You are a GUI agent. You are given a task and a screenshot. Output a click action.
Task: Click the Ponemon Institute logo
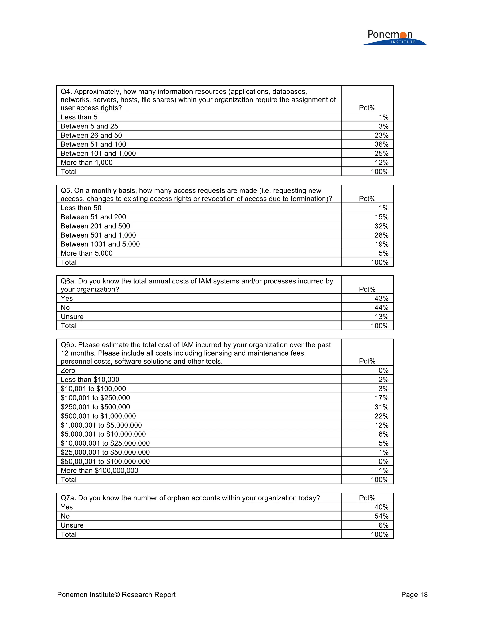click(394, 37)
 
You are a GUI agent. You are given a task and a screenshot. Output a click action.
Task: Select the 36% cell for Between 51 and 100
click(381, 144)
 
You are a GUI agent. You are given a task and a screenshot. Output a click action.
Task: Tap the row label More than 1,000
click(86, 163)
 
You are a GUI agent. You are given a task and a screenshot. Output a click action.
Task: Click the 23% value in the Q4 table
click(381, 135)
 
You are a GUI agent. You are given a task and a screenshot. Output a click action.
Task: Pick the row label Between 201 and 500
click(95, 226)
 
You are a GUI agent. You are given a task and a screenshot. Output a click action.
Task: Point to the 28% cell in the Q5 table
click(381, 235)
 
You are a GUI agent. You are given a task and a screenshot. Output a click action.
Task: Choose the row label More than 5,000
click(86, 253)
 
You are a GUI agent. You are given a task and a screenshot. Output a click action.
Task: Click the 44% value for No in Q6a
click(381, 308)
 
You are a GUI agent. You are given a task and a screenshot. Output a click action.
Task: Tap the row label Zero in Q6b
click(68, 370)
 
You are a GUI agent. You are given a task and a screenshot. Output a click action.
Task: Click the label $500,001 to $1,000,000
click(98, 416)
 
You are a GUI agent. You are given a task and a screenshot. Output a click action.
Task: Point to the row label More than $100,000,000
click(99, 471)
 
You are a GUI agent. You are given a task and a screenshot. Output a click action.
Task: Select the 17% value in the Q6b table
click(381, 398)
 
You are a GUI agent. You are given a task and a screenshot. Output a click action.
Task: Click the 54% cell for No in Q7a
click(381, 516)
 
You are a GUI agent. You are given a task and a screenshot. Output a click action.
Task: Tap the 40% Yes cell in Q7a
click(381, 507)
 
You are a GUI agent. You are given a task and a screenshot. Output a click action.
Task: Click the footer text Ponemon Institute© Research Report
click(116, 595)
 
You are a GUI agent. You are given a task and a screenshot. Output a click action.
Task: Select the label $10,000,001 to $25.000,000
click(105, 443)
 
